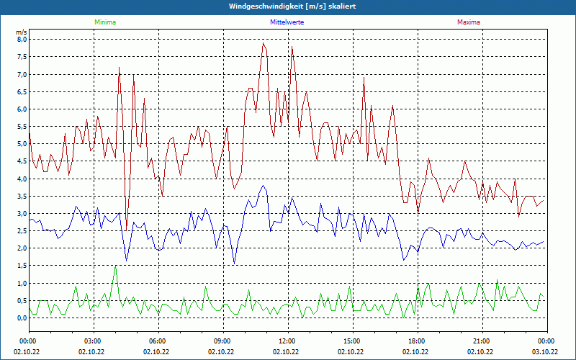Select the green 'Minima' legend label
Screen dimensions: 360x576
[104, 22]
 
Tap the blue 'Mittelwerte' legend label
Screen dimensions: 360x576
[287, 22]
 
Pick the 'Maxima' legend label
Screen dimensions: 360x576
[468, 22]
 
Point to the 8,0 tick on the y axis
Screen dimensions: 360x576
[21, 40]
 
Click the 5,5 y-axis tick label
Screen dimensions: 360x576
[21, 127]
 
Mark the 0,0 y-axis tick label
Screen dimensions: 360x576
[21, 318]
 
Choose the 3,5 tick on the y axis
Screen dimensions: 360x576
[21, 197]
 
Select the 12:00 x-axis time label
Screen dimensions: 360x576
[287, 341]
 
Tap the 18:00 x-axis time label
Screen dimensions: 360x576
[417, 341]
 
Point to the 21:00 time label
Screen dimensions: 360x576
[482, 341]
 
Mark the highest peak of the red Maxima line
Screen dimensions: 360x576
[264, 43]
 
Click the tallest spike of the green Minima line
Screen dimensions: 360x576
[115, 266]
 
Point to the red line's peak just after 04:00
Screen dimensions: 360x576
[119, 67]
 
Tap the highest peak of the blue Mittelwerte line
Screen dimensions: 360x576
[264, 186]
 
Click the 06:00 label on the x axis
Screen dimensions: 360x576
[158, 341]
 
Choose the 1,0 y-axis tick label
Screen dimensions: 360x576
[21, 284]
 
